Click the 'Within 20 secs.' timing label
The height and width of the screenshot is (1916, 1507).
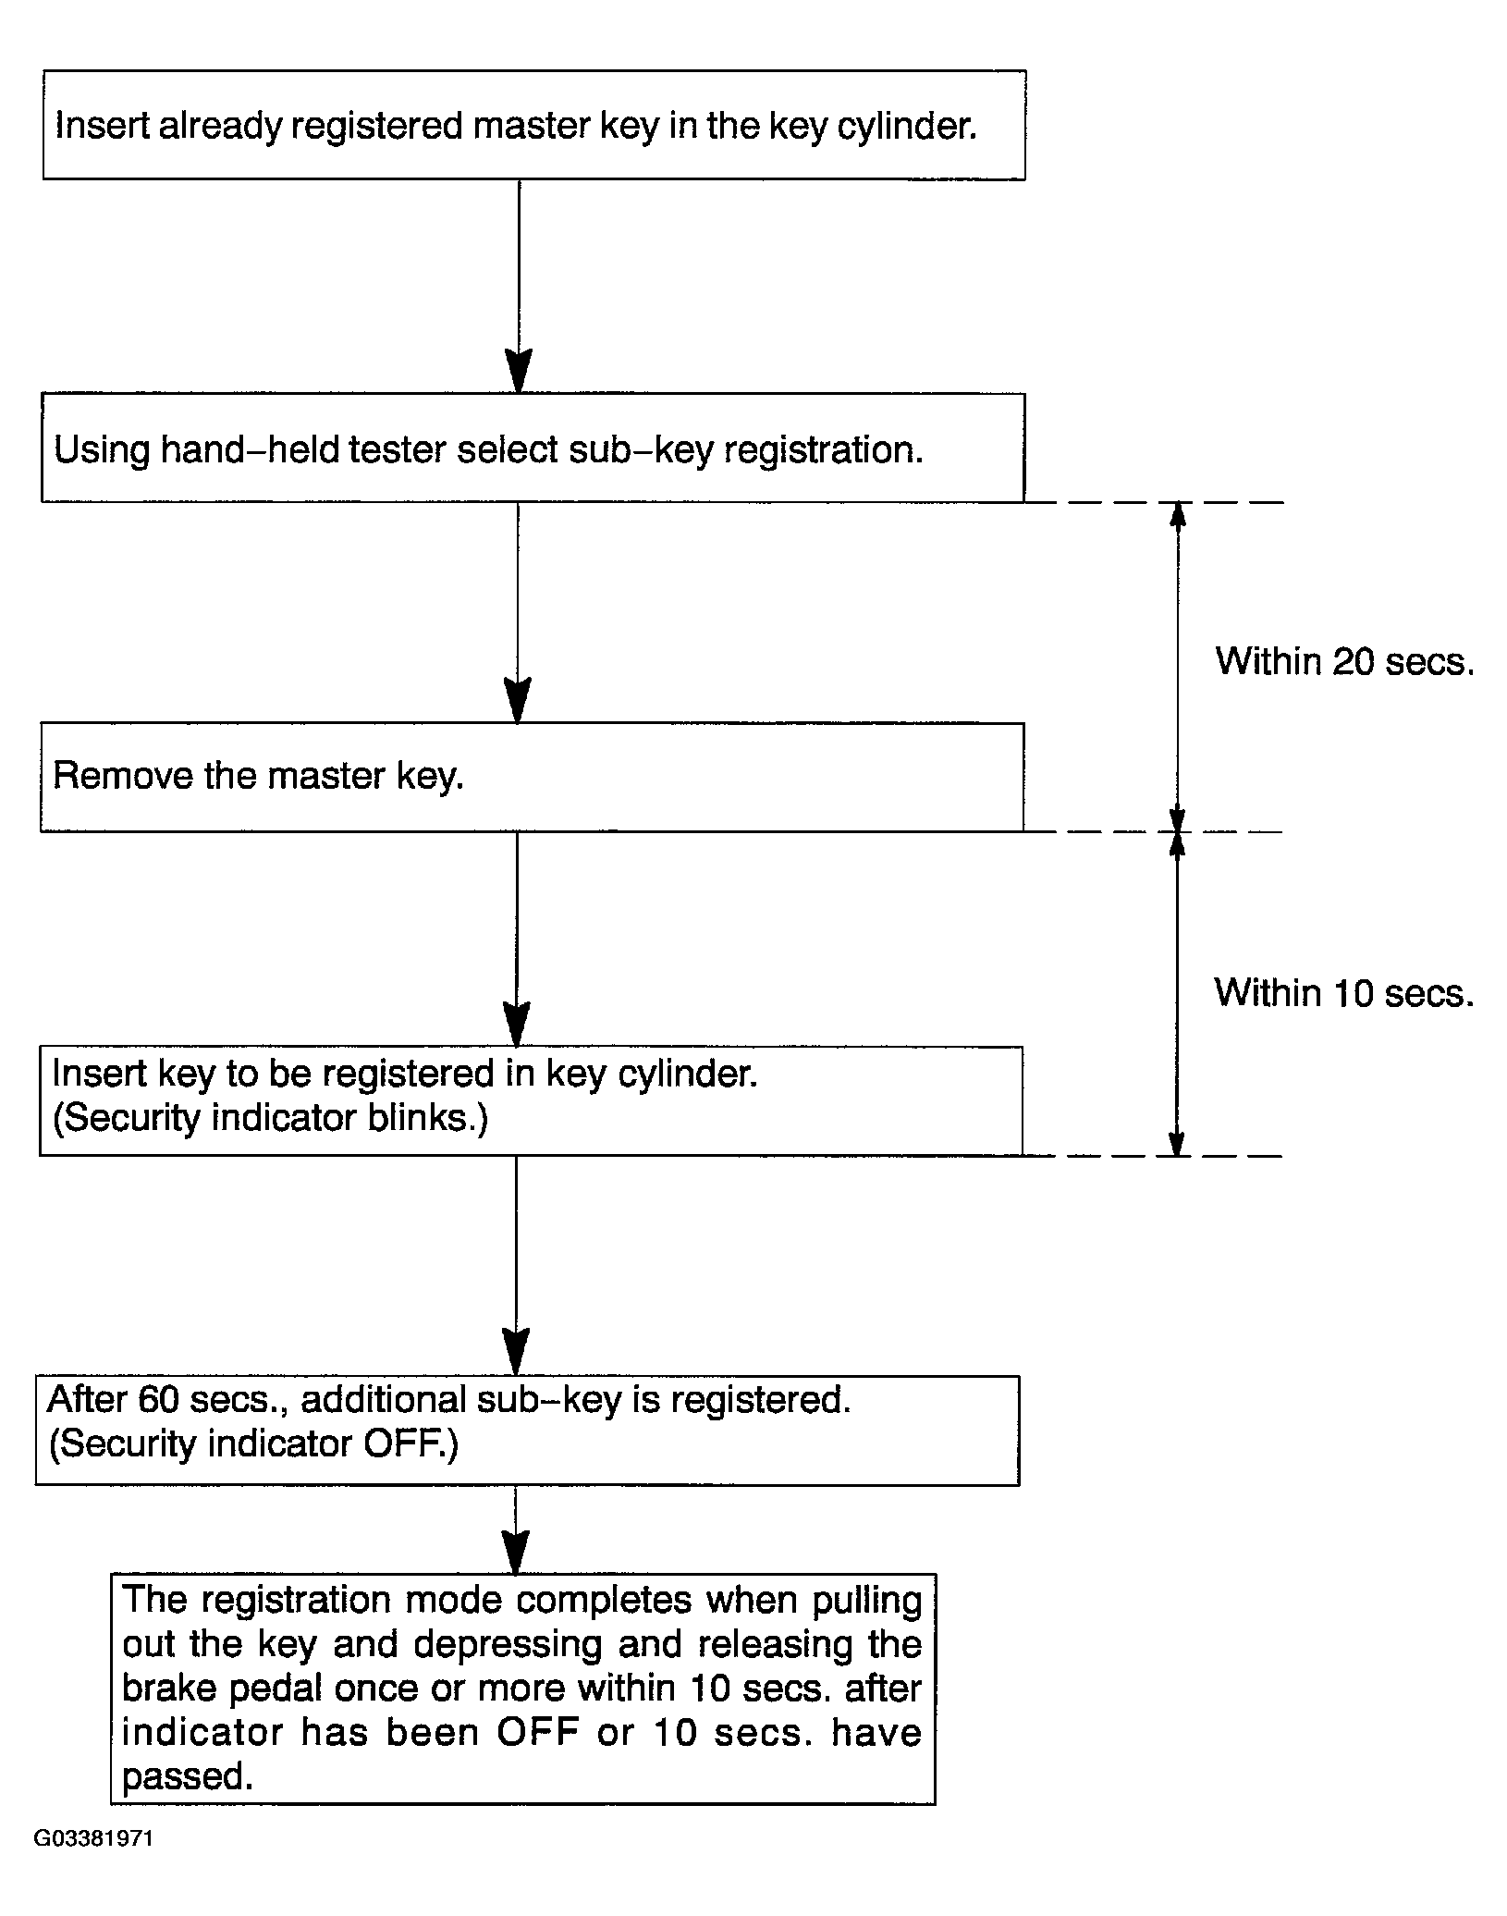[x=1344, y=661]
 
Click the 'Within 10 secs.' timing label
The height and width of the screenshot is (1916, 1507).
[x=1344, y=992]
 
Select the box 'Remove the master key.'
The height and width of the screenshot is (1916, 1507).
[x=533, y=777]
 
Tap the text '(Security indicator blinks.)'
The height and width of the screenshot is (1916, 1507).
[x=270, y=1118]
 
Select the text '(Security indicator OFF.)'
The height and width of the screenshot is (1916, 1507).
[x=253, y=1443]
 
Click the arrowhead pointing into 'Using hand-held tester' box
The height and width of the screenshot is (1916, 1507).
[x=519, y=372]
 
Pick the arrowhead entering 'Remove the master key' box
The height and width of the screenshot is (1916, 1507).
[x=518, y=701]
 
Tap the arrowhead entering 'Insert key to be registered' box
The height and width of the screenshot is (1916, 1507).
[x=517, y=1025]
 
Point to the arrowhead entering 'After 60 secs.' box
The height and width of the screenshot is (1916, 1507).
[x=516, y=1353]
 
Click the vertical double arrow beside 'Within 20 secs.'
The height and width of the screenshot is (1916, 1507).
[x=1177, y=667]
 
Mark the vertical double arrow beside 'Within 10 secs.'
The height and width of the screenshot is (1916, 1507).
[x=1177, y=994]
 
